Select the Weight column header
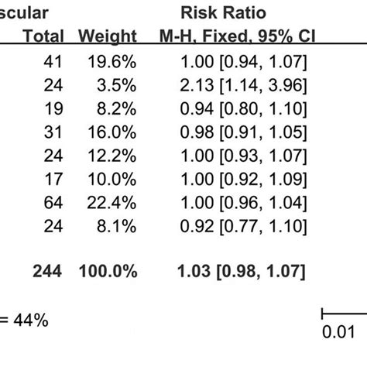click(x=108, y=36)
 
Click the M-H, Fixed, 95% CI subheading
click(x=244, y=36)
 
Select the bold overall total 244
click(x=47, y=271)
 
